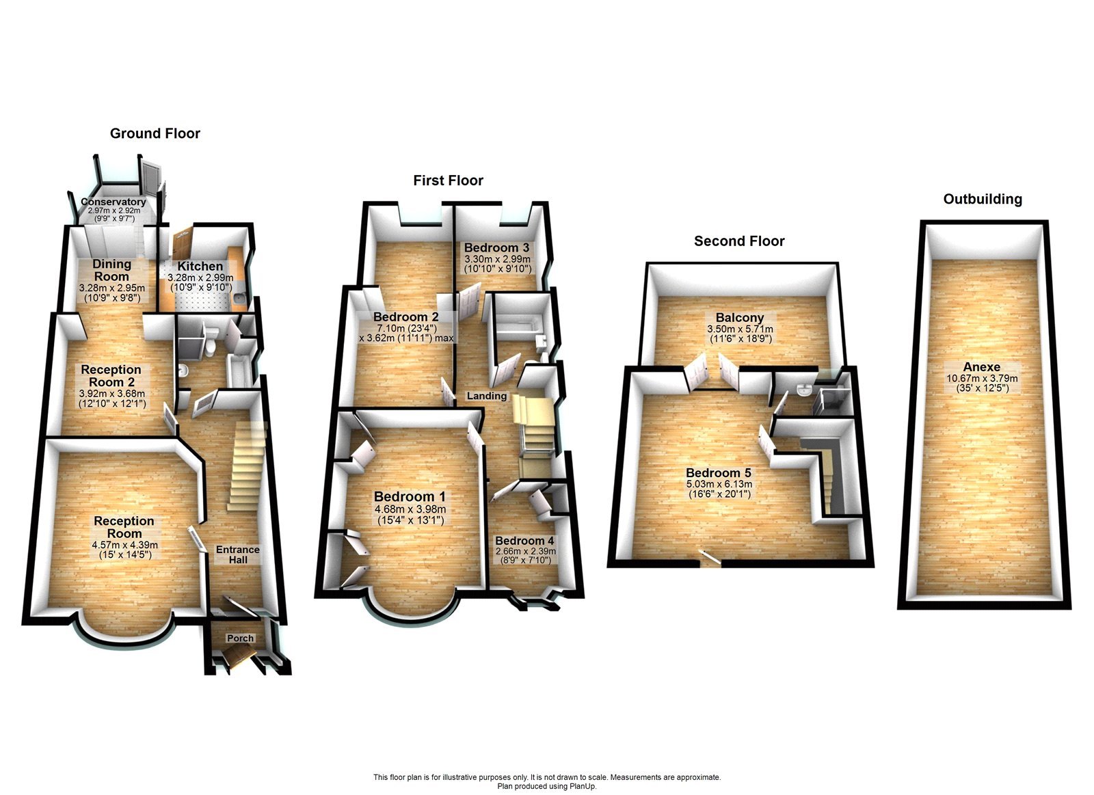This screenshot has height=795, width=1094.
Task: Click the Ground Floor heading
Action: pos(155,133)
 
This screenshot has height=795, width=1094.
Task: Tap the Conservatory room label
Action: pos(113,202)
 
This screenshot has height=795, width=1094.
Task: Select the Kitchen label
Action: pos(200,266)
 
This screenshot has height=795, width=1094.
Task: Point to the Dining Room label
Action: pos(111,270)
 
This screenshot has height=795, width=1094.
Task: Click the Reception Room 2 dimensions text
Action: pos(111,399)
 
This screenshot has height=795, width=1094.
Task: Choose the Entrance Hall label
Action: pos(238,554)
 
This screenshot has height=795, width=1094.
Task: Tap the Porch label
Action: pos(240,638)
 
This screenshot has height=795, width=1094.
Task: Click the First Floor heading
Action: pos(448,180)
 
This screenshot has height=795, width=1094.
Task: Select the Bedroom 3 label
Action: pos(496,247)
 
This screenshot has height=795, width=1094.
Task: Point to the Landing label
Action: pos(487,396)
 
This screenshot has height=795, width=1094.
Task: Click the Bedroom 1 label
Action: pos(410,497)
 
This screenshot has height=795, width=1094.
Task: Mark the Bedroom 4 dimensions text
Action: pos(525,556)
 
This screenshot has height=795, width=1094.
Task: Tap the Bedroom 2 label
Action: pos(406,317)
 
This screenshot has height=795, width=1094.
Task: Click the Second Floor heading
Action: pos(739,241)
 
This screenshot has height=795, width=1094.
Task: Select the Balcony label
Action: pos(740,318)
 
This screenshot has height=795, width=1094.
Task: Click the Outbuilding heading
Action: pos(983,199)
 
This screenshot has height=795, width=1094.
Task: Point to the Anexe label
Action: pos(982,367)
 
